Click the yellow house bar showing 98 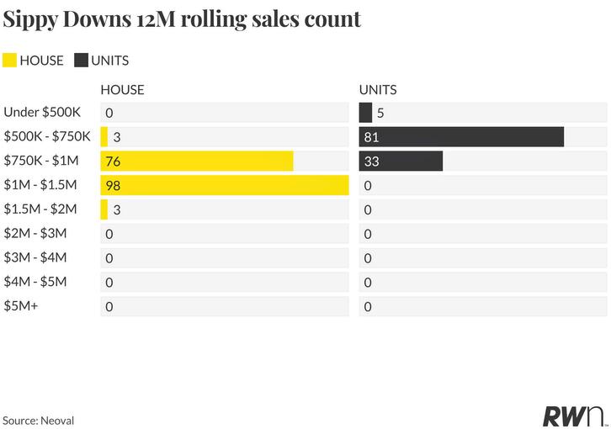[x=225, y=185]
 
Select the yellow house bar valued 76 [x=197, y=161]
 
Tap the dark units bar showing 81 [x=461, y=137]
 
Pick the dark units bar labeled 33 [x=401, y=161]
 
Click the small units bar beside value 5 [x=365, y=113]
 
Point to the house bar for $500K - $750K [x=104, y=137]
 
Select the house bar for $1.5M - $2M [x=104, y=209]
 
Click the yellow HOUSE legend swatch [x=9, y=61]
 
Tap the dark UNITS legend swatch [x=81, y=61]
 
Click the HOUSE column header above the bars [x=122, y=90]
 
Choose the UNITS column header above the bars [x=378, y=90]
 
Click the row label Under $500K [x=42, y=112]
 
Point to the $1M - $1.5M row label [x=40, y=185]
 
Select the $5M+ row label [x=21, y=306]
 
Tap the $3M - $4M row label [x=35, y=257]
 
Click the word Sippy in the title [x=30, y=19]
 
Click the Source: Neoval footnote [x=38, y=421]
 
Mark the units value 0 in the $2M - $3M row [x=368, y=234]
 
